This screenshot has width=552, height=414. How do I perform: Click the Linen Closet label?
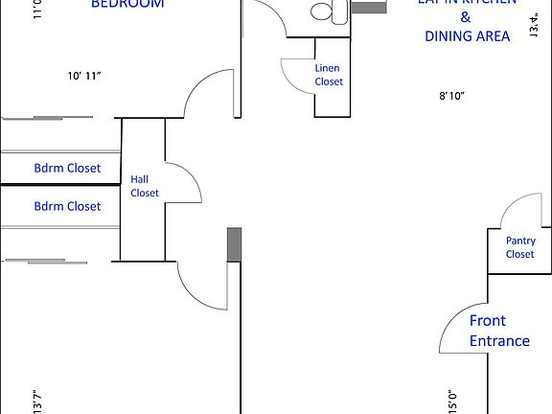329,75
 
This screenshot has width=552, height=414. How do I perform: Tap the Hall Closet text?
145,186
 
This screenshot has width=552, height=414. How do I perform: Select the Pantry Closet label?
520,247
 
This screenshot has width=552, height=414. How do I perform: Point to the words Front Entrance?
499,331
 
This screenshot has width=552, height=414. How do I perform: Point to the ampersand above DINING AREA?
466,18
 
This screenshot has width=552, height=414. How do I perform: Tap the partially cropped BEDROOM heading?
126,4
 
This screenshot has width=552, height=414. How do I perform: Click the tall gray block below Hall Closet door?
233,246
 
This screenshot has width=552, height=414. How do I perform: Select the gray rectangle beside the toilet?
365,8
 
